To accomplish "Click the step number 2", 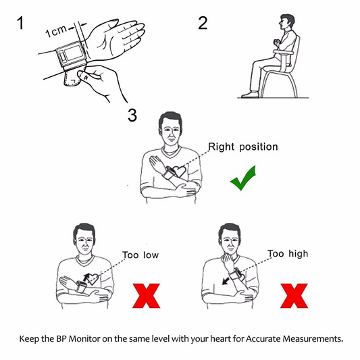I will [x=202, y=22].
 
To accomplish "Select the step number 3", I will [x=132, y=115].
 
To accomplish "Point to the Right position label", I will [x=242, y=146].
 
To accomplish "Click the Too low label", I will [x=140, y=255].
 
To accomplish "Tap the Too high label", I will [x=288, y=254].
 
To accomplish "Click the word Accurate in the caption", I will [x=257, y=336].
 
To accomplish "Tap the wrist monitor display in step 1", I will [x=70, y=53].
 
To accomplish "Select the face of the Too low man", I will [x=84, y=240].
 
